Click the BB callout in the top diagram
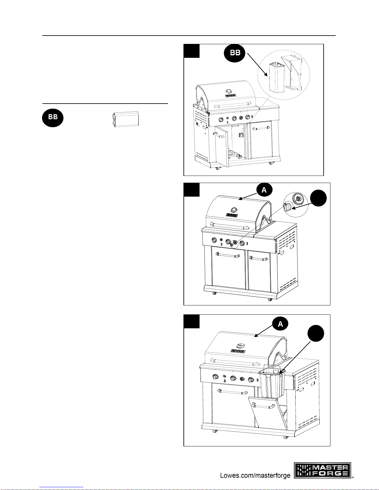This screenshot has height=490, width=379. pos(235,53)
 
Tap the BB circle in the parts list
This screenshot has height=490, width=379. pos(53,118)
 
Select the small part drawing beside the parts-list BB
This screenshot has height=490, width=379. pos(125,119)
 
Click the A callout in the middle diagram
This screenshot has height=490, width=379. pos(264,190)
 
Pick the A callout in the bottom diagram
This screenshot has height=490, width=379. pos(280,324)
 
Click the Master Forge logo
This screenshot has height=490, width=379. pos(322,470)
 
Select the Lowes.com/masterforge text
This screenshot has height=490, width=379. pos(255,475)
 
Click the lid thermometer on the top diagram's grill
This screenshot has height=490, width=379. pos(229,91)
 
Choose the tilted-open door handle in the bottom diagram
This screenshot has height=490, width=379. pos(263,406)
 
